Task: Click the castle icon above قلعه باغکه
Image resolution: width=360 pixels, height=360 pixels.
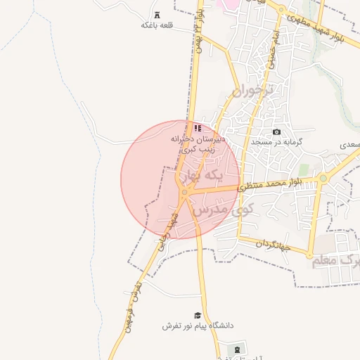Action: point(156,15)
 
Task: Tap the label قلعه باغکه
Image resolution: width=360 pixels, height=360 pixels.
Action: point(157,25)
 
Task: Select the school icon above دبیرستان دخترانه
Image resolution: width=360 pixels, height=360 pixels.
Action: point(198,129)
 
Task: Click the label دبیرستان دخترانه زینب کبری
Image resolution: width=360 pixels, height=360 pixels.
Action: point(198,144)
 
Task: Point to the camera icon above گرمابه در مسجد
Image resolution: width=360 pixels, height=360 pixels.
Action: point(276,132)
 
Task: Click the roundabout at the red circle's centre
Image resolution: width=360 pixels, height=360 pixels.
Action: point(184,191)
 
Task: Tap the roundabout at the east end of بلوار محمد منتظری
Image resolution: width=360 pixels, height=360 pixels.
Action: point(323,179)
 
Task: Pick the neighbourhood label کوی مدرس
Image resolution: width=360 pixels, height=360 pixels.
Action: point(232,210)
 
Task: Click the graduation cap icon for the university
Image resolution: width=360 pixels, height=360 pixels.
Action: point(198,316)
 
